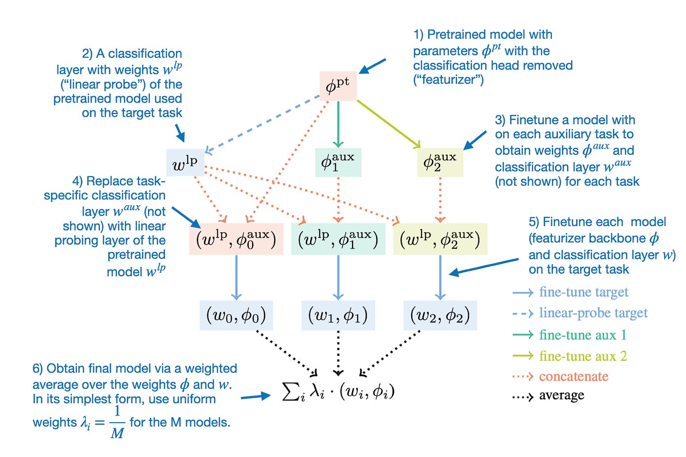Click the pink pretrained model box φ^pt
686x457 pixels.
(x=338, y=86)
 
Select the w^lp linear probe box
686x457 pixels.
(x=185, y=163)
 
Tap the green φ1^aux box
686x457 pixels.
(x=338, y=163)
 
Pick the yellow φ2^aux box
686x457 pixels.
(x=440, y=163)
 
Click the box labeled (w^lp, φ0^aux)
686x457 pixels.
(x=236, y=239)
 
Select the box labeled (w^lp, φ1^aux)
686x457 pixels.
(x=338, y=239)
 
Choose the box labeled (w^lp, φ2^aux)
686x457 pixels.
(x=440, y=239)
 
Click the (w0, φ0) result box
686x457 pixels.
(x=236, y=315)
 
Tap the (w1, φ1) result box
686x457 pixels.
(x=338, y=315)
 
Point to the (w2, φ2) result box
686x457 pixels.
(x=440, y=315)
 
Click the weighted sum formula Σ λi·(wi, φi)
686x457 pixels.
(x=338, y=391)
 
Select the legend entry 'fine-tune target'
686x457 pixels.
(x=583, y=293)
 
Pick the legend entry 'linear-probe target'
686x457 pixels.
(x=593, y=313)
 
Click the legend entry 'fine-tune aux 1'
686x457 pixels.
(x=583, y=335)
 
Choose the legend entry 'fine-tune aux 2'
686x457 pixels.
(x=583, y=356)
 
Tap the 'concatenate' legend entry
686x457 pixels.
(x=573, y=376)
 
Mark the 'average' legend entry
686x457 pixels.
(x=561, y=395)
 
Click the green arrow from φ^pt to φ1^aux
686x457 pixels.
(x=338, y=122)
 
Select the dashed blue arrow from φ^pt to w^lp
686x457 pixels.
(x=264, y=124)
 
